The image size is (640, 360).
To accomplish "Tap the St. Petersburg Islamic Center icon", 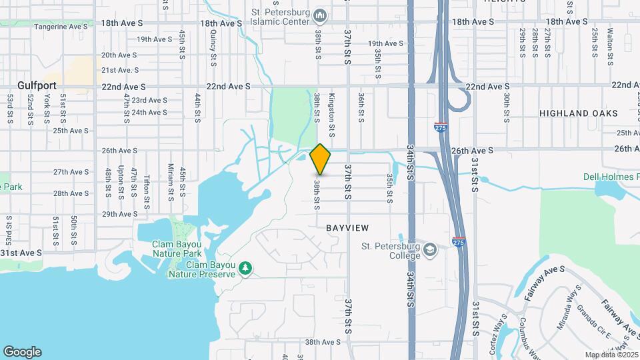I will pos(321,15).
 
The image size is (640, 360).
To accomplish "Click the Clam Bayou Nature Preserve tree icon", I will pos(246,268).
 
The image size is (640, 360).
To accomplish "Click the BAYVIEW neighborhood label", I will pos(347,228).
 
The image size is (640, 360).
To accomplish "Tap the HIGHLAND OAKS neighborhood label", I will pos(578,114).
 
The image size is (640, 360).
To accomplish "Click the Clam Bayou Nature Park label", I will pos(177,249).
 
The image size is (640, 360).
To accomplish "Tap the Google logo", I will pos(22,352).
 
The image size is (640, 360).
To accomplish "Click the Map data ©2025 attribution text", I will pos(612,355).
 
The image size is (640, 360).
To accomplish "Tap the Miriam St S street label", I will pos(171,181).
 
